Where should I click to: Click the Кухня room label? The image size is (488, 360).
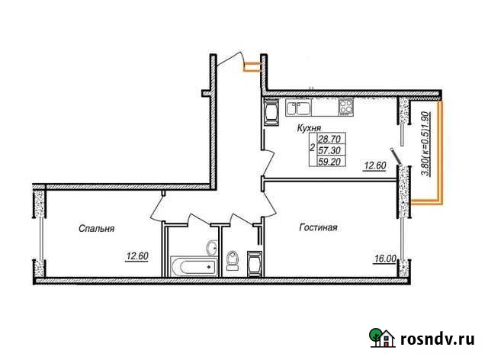click(x=309, y=129)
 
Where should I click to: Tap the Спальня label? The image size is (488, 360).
click(x=97, y=227)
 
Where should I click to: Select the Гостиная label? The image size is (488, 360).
click(x=319, y=227)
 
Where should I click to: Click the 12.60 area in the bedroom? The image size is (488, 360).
click(x=137, y=256)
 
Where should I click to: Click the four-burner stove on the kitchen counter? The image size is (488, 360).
click(x=347, y=107)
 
